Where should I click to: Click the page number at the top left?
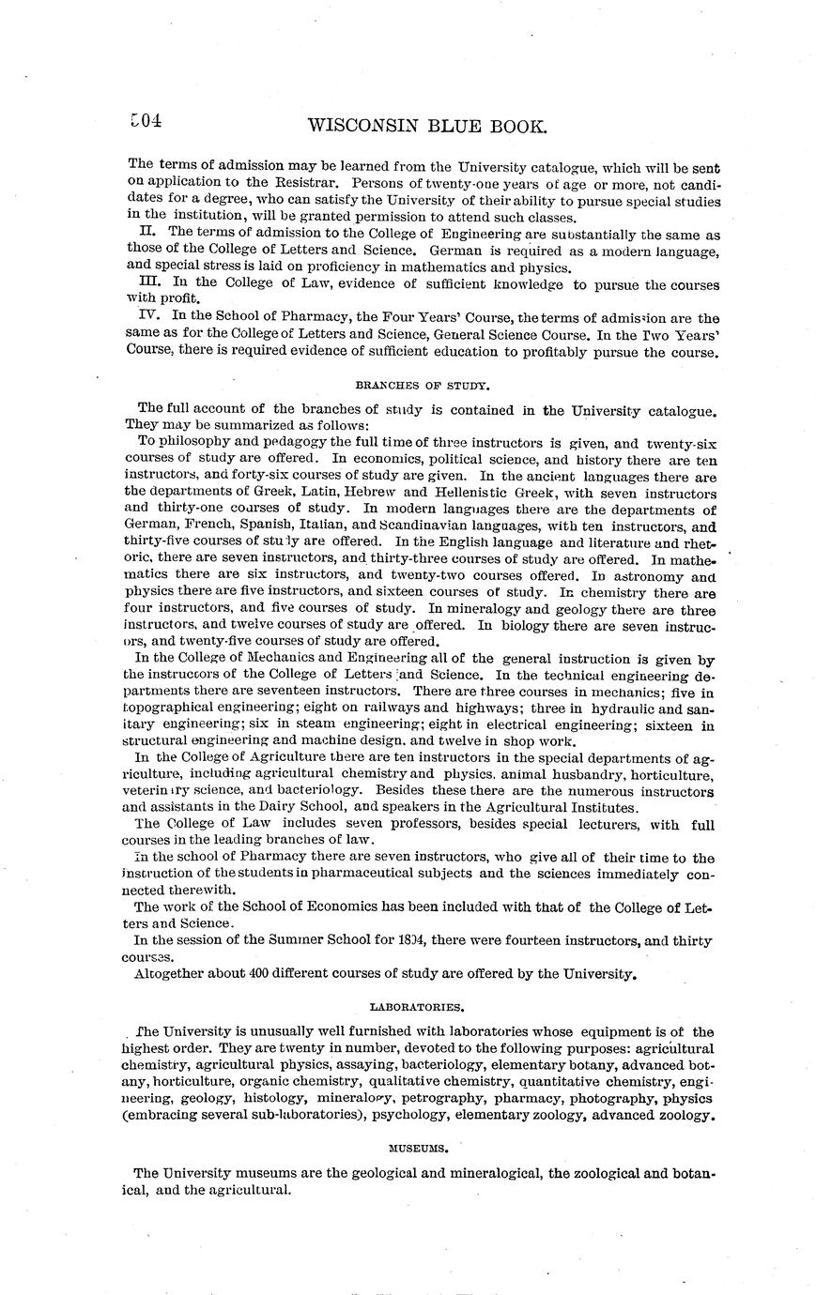pyautogui.click(x=147, y=121)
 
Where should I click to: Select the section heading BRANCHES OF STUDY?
pyautogui.click(x=423, y=384)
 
